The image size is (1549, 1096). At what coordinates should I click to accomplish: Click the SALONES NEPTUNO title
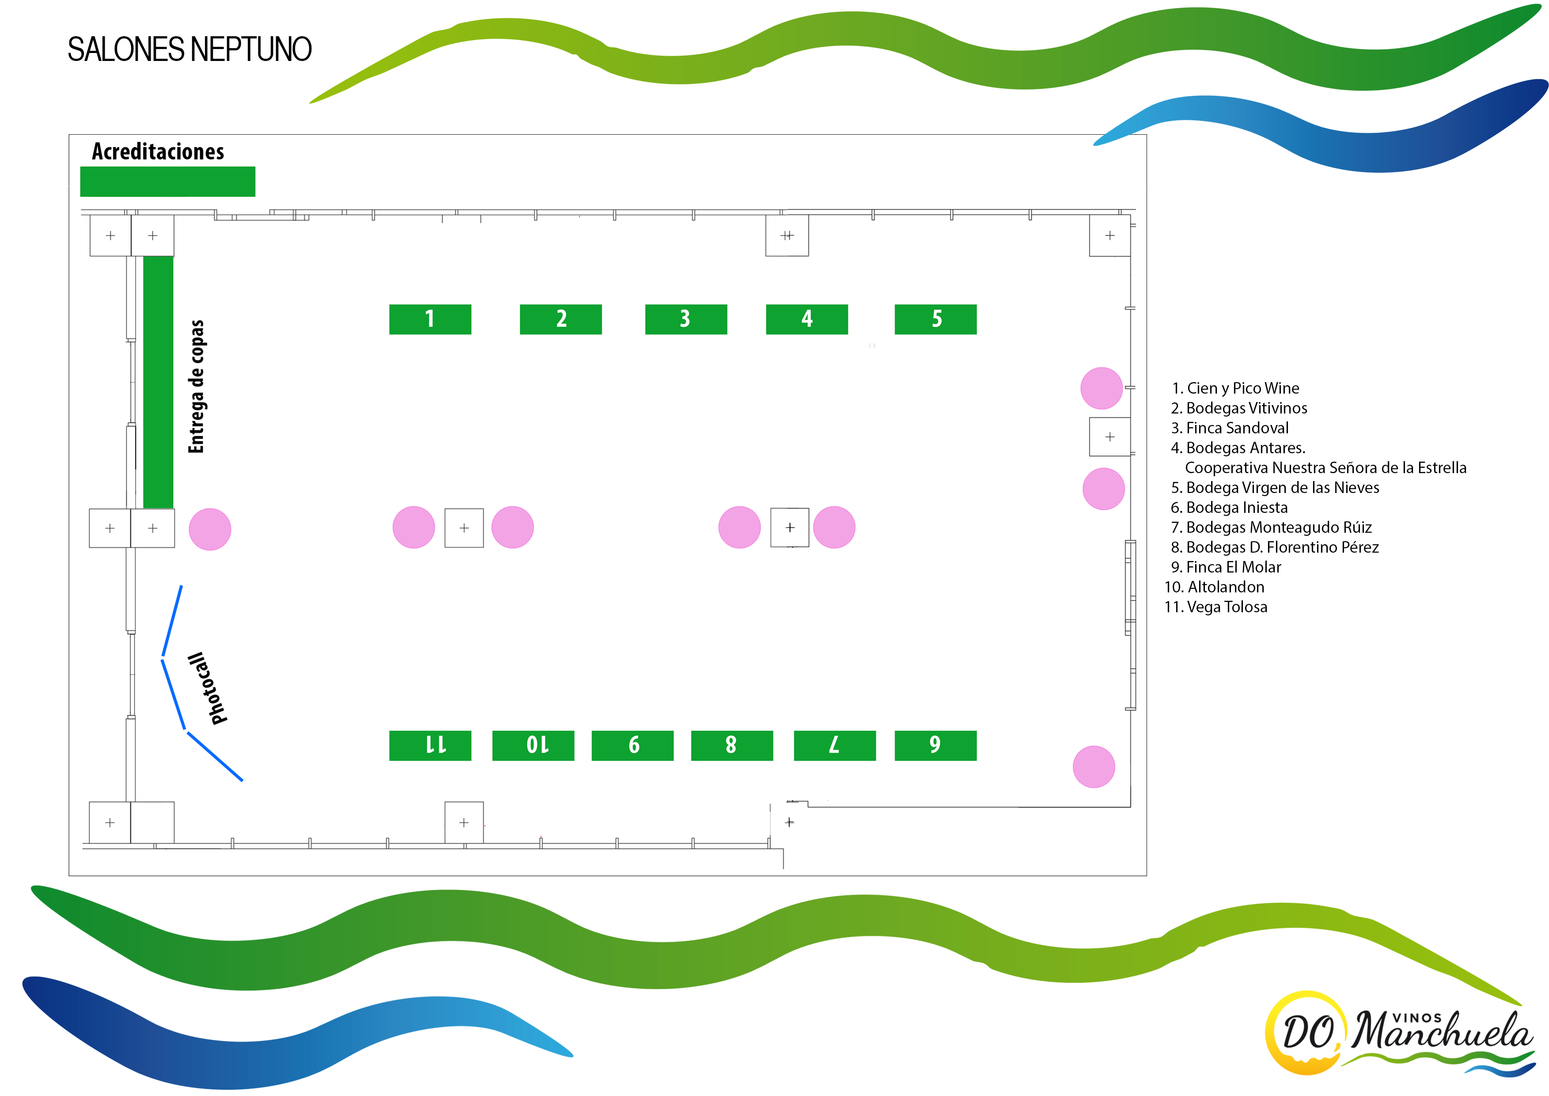[x=189, y=50]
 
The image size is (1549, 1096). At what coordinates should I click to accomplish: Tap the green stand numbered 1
[x=430, y=319]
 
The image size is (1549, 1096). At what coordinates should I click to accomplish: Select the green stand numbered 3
[x=685, y=319]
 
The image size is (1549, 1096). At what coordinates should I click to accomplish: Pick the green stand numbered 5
[x=935, y=319]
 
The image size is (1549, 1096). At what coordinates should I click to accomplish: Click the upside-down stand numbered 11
[x=430, y=745]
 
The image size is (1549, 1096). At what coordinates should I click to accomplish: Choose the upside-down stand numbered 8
[x=731, y=745]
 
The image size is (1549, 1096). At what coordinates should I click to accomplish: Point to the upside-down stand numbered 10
[x=533, y=745]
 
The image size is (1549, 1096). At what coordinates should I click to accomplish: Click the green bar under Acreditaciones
[x=167, y=182]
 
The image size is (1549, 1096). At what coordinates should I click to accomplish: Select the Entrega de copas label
[x=196, y=387]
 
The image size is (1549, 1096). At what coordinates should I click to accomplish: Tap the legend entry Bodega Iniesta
[x=1229, y=508]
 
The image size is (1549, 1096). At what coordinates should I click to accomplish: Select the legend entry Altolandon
[x=1214, y=587]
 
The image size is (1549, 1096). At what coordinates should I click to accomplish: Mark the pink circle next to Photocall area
[x=210, y=529]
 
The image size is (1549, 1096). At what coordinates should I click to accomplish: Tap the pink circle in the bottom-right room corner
[x=1094, y=766]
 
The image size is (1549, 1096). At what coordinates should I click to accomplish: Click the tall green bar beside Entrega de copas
[x=158, y=382]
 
